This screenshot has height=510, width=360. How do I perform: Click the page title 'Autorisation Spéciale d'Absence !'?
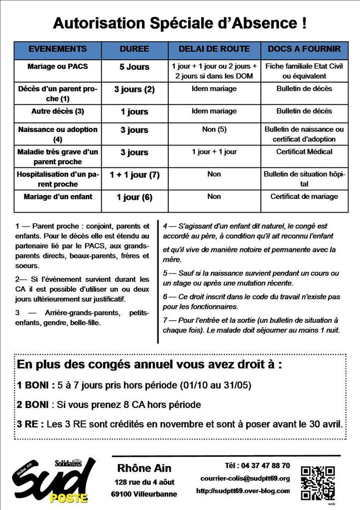pyautogui.click(x=180, y=23)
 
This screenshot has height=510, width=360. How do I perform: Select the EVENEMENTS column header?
pyautogui.click(x=58, y=49)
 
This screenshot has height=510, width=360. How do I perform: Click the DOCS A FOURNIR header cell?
pyautogui.click(x=304, y=49)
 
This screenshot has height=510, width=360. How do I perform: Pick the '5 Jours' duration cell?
pyautogui.click(x=134, y=67)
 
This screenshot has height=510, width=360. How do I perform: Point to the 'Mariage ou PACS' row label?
pyautogui.click(x=58, y=66)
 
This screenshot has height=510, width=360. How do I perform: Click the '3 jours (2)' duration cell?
pyautogui.click(x=134, y=90)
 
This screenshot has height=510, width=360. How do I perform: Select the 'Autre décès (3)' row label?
pyautogui.click(x=58, y=111)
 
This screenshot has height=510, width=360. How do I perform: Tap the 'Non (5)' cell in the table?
pyautogui.click(x=214, y=129)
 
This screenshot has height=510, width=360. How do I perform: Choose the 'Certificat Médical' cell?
pyautogui.click(x=304, y=151)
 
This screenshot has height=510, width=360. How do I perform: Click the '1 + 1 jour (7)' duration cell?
pyautogui.click(x=134, y=175)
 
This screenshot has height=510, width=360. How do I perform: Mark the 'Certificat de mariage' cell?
pyautogui.click(x=304, y=196)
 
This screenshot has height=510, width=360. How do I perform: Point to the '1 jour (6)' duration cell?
pyautogui.click(x=134, y=197)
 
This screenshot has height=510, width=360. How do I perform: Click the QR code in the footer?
pyautogui.click(x=318, y=482)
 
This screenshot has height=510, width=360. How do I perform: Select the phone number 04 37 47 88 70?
pyautogui.click(x=257, y=466)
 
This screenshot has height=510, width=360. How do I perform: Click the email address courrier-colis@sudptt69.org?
pyautogui.click(x=245, y=479)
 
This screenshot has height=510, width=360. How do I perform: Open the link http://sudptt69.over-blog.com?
pyautogui.click(x=243, y=491)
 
